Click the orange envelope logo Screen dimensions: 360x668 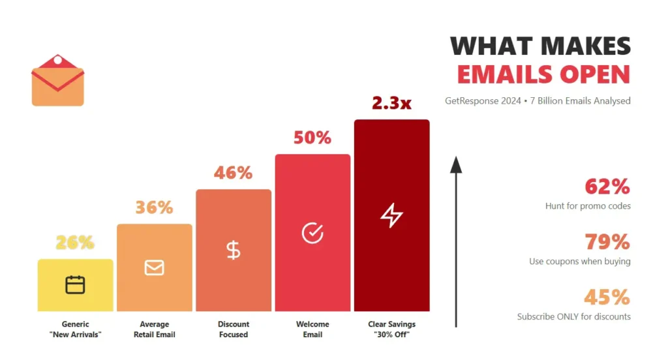(57, 81)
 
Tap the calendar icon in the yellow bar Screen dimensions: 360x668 (75, 285)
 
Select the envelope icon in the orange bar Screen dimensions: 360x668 (154, 267)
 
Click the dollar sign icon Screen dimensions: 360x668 (233, 250)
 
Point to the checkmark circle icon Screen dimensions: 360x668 (312, 233)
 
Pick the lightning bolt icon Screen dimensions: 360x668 (391, 215)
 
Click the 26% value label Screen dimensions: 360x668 (75, 243)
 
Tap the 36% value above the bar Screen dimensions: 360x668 (154, 207)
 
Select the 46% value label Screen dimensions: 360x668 (233, 173)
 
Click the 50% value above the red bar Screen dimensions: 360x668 (312, 138)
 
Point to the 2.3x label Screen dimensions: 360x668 (391, 103)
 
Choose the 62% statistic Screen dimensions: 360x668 (607, 187)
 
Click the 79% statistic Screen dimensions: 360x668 (607, 242)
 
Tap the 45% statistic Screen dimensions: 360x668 (607, 297)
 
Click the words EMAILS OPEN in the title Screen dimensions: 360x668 (543, 74)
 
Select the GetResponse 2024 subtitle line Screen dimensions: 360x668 (538, 101)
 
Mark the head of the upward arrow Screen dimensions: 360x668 (456, 164)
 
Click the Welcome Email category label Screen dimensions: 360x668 (312, 329)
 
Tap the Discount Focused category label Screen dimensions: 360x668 (233, 329)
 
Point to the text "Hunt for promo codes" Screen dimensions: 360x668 (588, 206)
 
